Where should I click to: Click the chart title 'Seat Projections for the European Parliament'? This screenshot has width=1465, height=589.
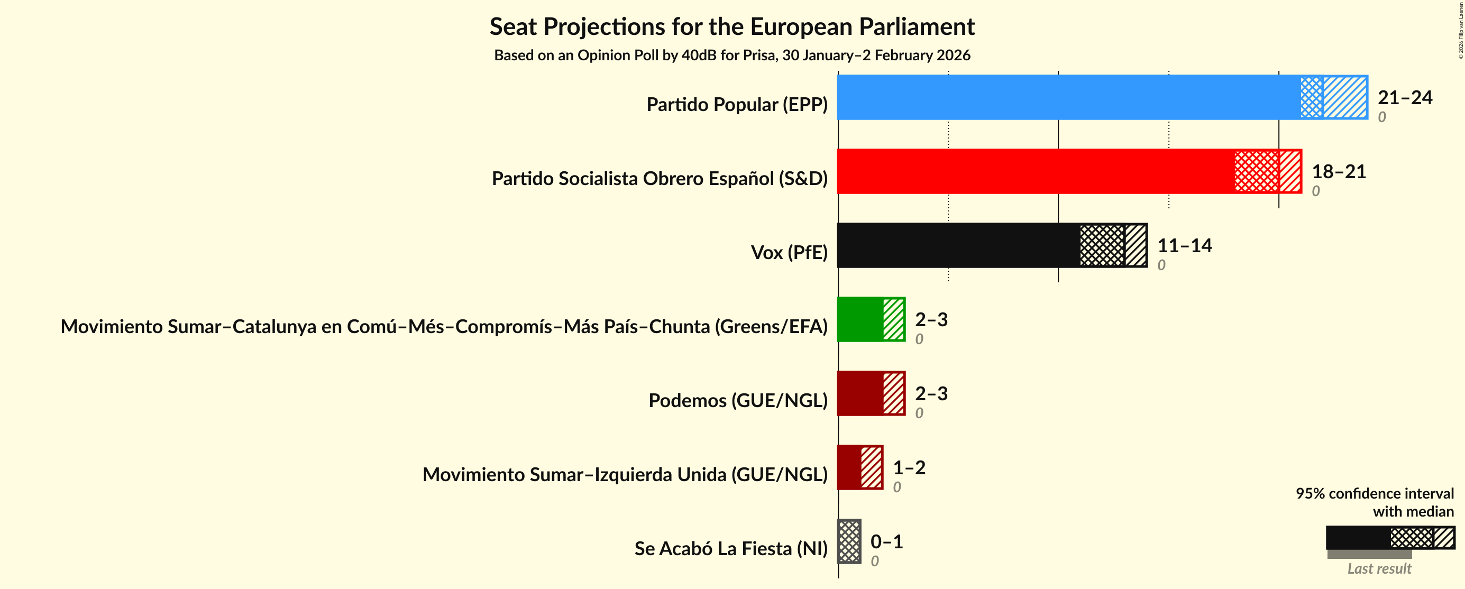[x=732, y=27]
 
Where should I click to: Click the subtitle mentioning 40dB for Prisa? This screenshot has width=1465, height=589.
[x=732, y=55]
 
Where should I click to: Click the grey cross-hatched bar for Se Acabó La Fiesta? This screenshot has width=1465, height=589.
[x=849, y=541]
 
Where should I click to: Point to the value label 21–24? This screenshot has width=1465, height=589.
[x=1404, y=97]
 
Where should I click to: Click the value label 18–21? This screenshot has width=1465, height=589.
[x=1338, y=171]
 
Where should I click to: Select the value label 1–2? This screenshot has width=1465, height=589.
[x=909, y=467]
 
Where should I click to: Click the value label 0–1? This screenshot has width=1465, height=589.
[x=886, y=541]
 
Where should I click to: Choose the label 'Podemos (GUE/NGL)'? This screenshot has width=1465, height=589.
[x=738, y=400]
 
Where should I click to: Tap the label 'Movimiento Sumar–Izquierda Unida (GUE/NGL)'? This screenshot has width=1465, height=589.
[x=625, y=474]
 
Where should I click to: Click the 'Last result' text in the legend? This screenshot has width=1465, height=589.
[x=1379, y=568]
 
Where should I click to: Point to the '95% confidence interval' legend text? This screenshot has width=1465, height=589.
[x=1374, y=493]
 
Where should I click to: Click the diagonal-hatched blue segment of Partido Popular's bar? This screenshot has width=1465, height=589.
[x=1344, y=97]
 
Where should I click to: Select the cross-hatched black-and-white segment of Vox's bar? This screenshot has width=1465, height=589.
[x=1102, y=245]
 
